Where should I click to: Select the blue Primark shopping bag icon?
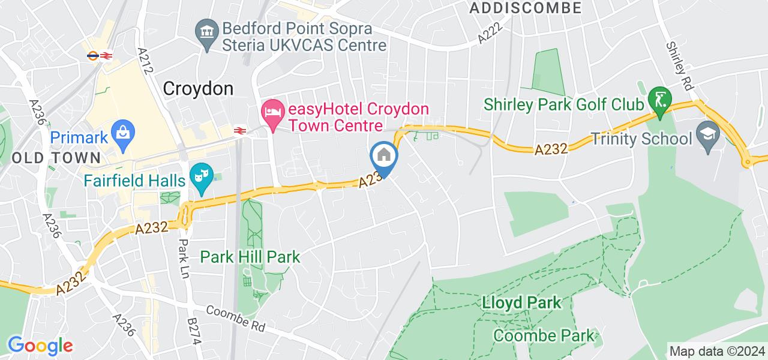(x=123, y=132)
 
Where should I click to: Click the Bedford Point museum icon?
(x=208, y=29)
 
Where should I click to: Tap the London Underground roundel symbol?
(x=93, y=55)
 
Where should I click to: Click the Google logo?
(x=40, y=345)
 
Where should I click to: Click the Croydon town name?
(x=198, y=89)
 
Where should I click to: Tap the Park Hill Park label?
(x=250, y=257)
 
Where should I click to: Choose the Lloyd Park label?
(x=522, y=302)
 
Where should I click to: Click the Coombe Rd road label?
(x=235, y=319)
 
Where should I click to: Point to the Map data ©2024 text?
(x=718, y=351)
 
